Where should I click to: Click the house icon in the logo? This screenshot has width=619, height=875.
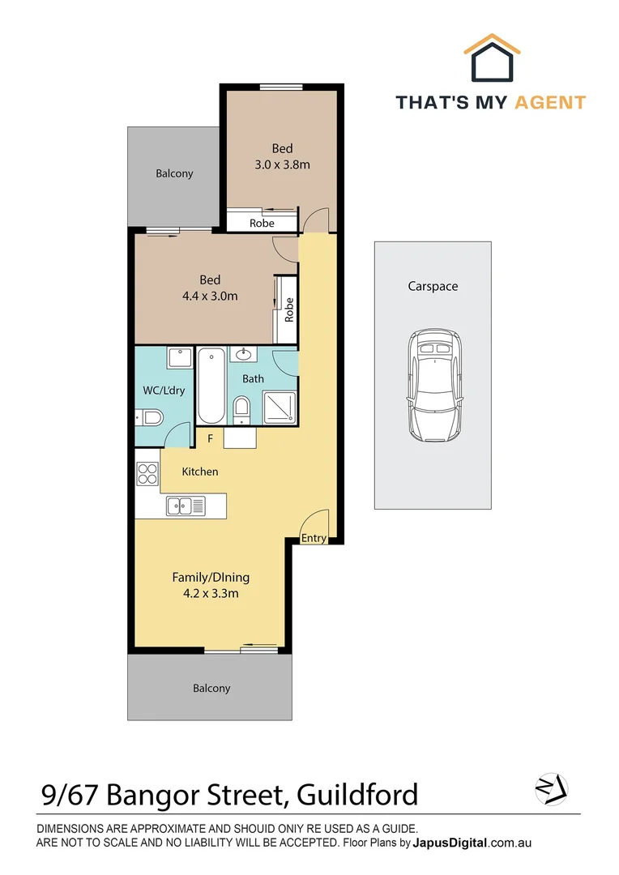[x=492, y=58]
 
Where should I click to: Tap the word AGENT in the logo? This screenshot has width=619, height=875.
[x=550, y=103]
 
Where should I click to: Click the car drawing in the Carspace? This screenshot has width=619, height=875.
[x=435, y=385]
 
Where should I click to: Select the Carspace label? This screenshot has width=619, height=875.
[x=433, y=286]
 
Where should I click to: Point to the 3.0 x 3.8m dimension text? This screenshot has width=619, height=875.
[x=283, y=164]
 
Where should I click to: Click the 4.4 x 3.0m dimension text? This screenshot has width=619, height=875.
[x=210, y=297]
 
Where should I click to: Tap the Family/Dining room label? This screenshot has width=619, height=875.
[x=211, y=577]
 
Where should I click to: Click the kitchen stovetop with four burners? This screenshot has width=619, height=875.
[x=148, y=474]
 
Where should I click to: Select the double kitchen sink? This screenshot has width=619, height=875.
[x=186, y=506]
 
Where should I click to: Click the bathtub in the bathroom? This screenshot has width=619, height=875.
[x=211, y=386]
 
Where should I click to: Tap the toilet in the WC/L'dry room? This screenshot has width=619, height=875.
[x=149, y=417]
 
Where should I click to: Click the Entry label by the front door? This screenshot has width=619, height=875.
[x=314, y=538]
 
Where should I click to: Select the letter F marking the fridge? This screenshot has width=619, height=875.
[x=211, y=438]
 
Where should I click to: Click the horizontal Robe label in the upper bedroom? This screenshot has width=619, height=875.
[x=262, y=224]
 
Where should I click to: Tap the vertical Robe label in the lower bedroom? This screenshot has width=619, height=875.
[x=289, y=309]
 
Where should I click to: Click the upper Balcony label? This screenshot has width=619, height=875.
[x=174, y=173]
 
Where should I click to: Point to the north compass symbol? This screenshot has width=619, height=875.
[x=552, y=789]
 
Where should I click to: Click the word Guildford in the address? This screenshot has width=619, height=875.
[x=357, y=795]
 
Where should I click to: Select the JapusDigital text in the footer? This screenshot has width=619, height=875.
[x=450, y=843]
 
